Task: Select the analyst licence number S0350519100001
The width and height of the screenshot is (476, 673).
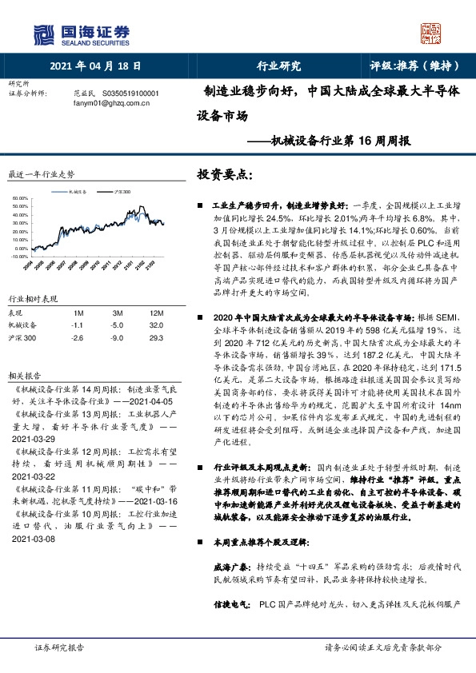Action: pos(129,94)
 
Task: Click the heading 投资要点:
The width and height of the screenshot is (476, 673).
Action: pos(226,174)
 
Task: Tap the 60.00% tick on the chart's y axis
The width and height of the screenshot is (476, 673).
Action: pos(22,196)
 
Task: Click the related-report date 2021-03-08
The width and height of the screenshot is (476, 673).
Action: pos(34,516)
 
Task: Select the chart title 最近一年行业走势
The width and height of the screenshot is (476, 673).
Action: pos(41,173)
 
